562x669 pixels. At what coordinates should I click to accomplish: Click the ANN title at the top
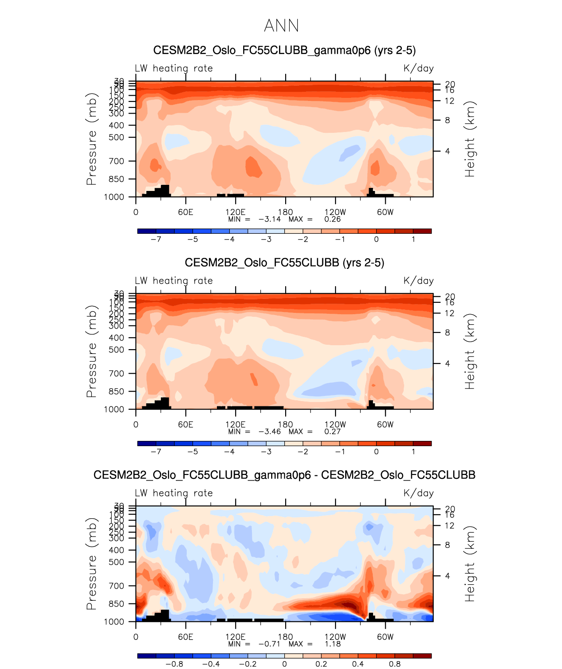click(281, 26)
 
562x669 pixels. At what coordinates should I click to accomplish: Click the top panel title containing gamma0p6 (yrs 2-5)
click(284, 50)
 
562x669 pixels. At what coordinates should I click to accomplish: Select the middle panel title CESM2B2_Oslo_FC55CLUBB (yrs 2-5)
click(284, 263)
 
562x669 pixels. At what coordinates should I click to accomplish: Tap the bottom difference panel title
click(284, 475)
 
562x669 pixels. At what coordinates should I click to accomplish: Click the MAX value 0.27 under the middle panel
click(332, 431)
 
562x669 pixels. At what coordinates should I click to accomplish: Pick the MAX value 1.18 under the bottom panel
click(332, 644)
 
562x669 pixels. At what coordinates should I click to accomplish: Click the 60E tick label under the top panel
click(185, 212)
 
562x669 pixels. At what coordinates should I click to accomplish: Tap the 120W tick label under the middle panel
click(335, 425)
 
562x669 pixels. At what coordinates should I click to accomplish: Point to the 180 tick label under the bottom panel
click(285, 637)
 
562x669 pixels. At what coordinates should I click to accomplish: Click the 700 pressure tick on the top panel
click(116, 161)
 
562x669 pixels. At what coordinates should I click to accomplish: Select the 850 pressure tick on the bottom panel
click(116, 604)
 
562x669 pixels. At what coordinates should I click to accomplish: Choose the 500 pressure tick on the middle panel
click(116, 350)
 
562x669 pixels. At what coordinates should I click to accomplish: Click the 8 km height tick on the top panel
click(447, 120)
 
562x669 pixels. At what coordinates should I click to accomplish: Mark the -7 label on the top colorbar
click(156, 239)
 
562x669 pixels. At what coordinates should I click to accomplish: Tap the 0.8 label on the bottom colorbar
click(394, 664)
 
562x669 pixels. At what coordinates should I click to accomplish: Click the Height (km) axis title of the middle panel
click(470, 352)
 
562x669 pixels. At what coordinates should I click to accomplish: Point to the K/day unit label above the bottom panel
click(419, 493)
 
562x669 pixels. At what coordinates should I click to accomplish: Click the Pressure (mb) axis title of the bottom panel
click(91, 564)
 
